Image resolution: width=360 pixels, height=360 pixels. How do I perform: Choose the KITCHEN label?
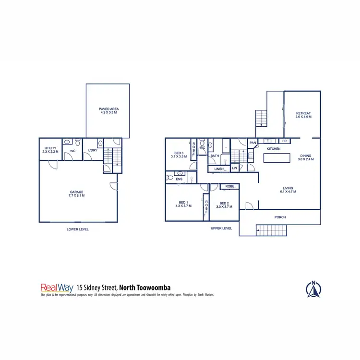273,149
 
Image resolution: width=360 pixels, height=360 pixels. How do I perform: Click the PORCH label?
280,217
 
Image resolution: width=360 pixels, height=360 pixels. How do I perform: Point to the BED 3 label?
178,154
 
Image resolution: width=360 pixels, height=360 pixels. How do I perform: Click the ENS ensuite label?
179,180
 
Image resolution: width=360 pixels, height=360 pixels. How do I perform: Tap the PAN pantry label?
252,142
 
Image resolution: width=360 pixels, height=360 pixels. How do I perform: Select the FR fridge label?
284,141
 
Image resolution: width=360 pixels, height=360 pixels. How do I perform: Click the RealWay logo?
57,288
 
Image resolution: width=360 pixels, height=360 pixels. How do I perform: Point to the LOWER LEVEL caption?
77,229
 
